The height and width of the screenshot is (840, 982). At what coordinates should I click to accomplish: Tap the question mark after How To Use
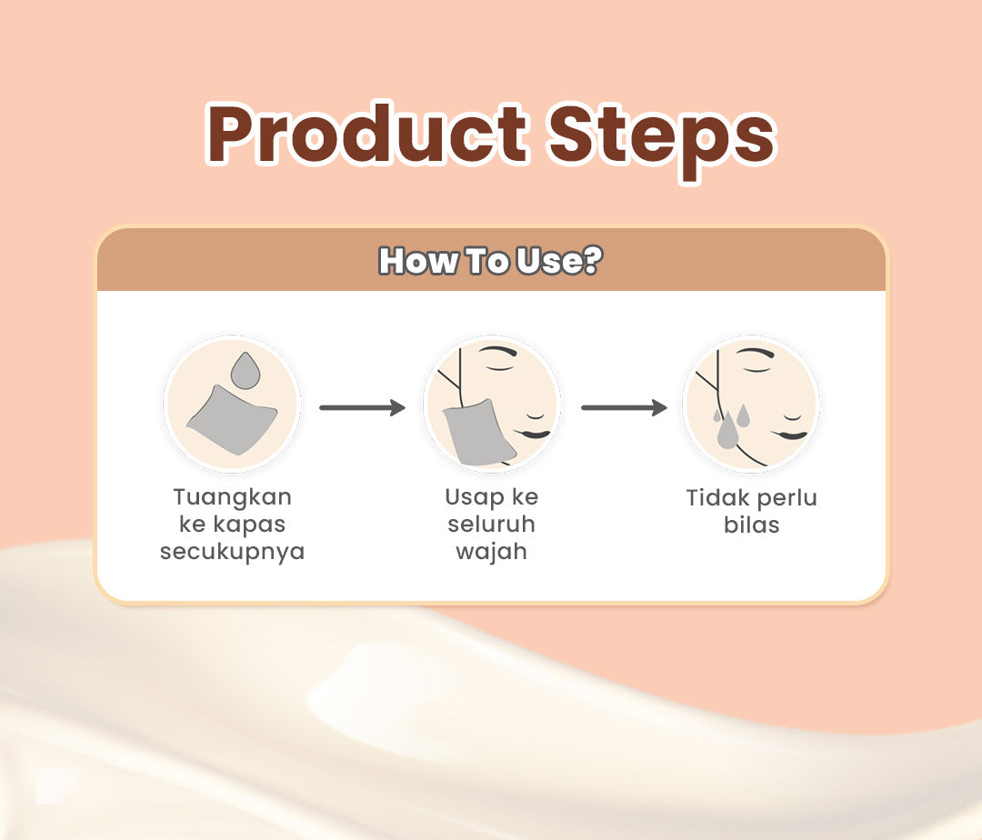(x=591, y=261)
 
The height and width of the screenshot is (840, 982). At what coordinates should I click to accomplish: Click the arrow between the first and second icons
(x=362, y=408)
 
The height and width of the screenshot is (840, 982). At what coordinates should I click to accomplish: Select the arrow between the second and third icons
(x=624, y=408)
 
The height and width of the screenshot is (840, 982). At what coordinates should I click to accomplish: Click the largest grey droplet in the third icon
(x=727, y=430)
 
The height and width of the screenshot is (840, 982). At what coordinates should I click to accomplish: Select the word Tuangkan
(x=232, y=498)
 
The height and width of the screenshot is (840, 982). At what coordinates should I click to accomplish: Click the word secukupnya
(x=232, y=552)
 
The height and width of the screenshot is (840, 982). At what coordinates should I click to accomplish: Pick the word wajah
(x=491, y=552)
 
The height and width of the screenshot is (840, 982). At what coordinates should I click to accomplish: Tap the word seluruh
(x=491, y=525)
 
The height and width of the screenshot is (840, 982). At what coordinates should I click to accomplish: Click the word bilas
(x=752, y=525)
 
